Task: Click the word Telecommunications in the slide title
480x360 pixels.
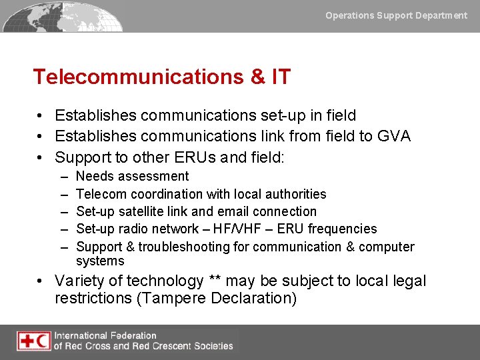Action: click(139, 77)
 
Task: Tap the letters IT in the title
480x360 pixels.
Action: click(281, 77)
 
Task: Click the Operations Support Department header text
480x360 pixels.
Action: click(396, 15)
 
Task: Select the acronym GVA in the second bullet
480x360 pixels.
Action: click(394, 137)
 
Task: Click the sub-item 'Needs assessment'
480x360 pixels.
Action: click(133, 176)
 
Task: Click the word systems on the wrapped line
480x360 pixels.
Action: click(100, 261)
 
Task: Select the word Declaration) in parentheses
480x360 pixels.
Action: click(253, 298)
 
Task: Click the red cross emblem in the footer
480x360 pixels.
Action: click(27, 341)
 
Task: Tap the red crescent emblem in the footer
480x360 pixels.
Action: click(43, 341)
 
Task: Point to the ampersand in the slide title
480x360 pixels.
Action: click(257, 77)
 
